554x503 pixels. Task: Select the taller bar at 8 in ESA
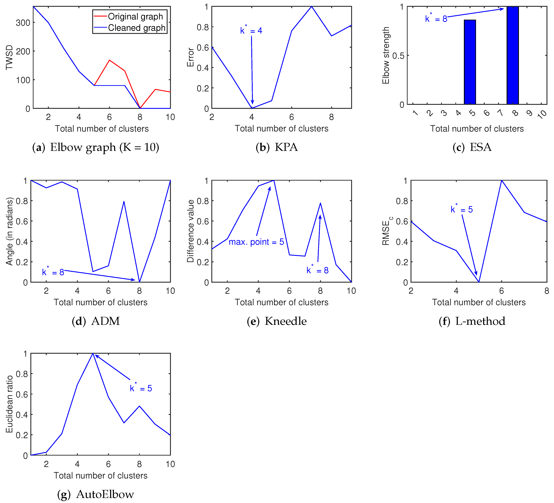512,55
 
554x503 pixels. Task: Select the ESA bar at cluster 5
470,62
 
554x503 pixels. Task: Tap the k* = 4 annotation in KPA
251,30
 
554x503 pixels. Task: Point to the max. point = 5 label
256,242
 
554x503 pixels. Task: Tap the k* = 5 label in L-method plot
462,209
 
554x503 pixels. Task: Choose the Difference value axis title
191,231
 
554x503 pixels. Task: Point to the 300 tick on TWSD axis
23,23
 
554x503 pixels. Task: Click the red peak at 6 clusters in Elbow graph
109,60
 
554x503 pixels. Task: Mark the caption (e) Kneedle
276,321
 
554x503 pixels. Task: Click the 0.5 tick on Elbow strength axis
398,56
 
